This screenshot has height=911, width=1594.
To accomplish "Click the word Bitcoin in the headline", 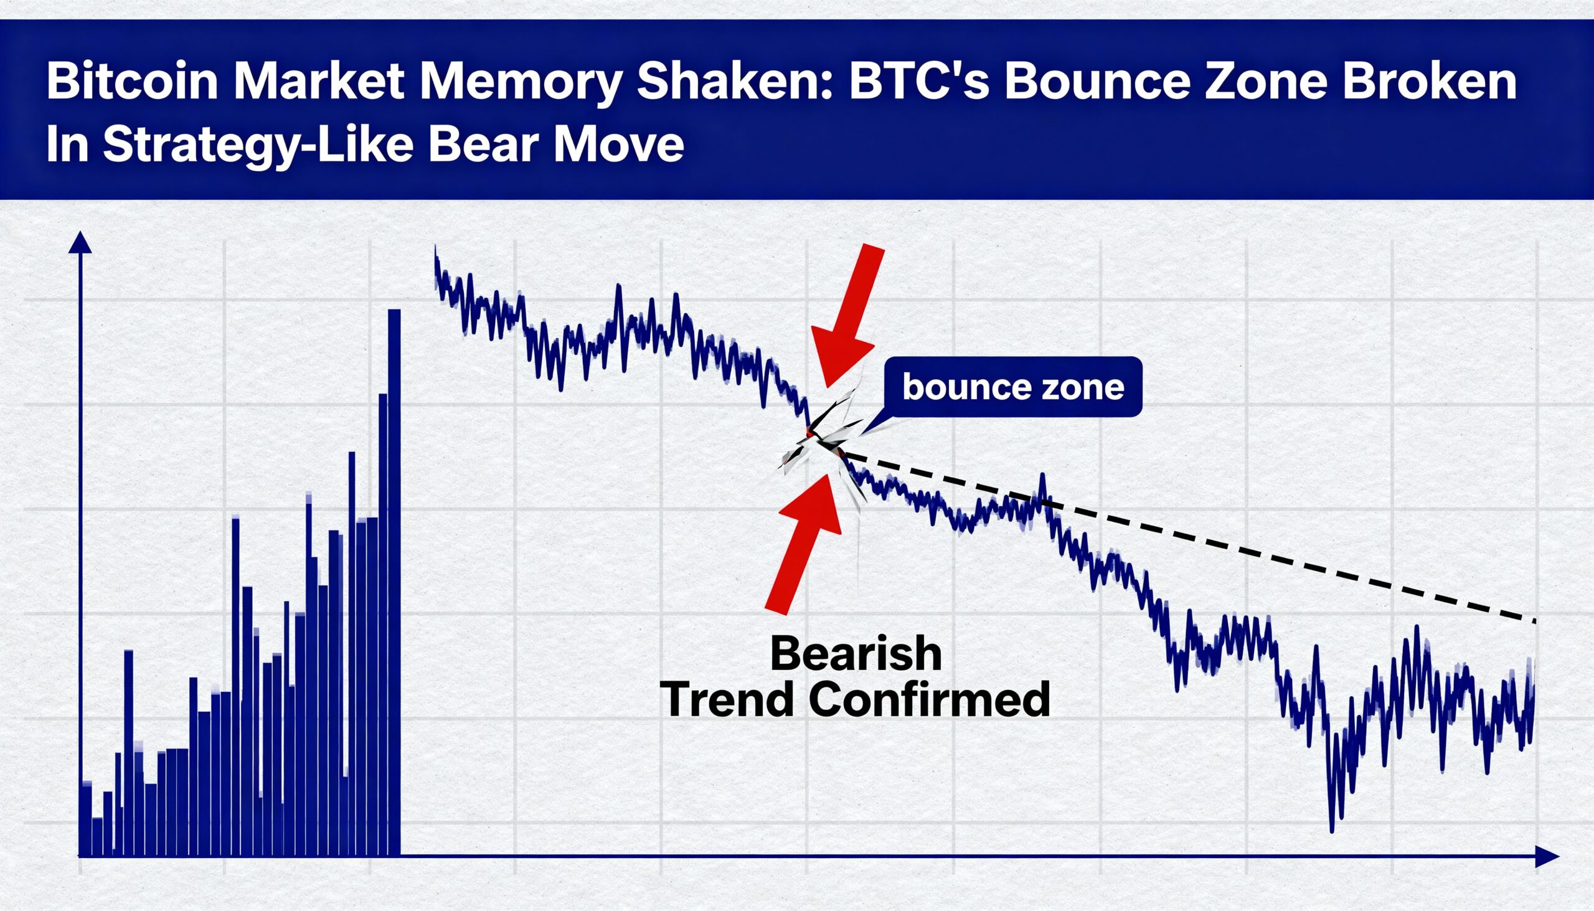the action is tap(132, 82).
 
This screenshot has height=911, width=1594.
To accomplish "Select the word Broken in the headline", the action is tap(1430, 82).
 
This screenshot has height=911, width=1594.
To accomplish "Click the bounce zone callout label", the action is tap(1013, 387).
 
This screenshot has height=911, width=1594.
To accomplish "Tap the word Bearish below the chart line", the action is tap(856, 653).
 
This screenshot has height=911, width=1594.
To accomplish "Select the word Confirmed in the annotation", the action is tap(930, 699).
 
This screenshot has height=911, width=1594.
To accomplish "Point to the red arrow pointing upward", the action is tap(804, 543).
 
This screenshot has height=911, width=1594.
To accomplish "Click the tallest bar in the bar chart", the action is tap(394, 582).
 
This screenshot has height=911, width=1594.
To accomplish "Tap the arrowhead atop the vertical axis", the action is tap(80, 242).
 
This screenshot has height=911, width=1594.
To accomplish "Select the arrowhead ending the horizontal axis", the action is tap(1547, 856).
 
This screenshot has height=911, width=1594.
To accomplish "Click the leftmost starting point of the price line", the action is tap(435, 247).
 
